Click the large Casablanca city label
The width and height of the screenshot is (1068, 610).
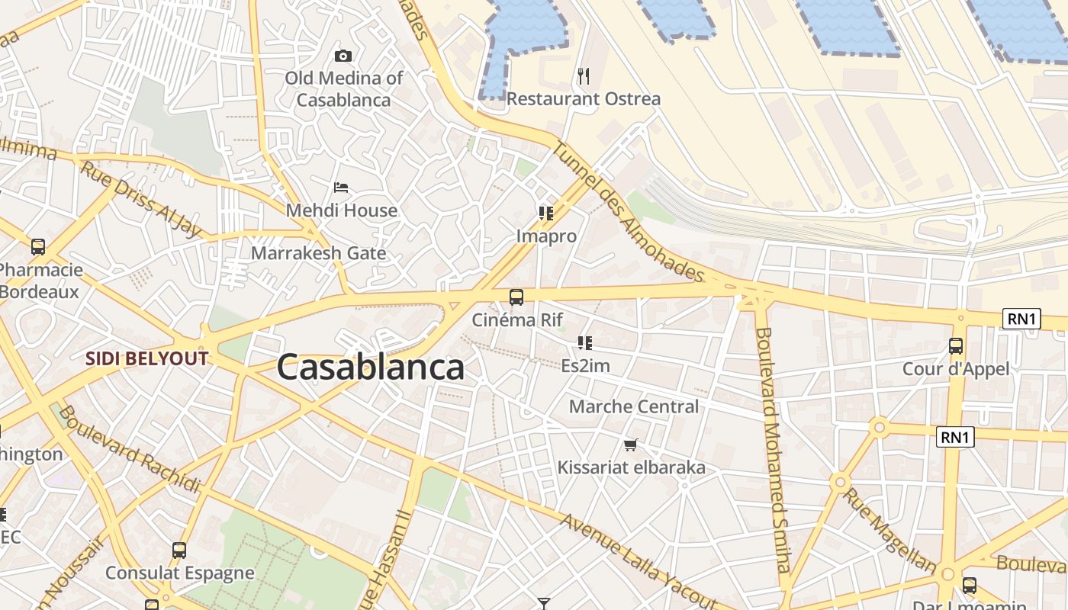tap(371, 368)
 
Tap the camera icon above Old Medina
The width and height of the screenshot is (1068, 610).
tap(343, 56)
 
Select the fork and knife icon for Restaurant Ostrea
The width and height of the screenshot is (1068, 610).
tap(584, 75)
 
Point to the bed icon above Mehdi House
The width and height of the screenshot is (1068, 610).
tap(341, 188)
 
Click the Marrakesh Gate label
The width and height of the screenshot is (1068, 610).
tap(319, 253)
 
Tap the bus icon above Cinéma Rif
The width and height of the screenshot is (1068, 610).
tap(516, 297)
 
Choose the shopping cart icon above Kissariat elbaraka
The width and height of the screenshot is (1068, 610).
tap(631, 445)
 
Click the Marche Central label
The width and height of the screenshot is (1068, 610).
tap(634, 406)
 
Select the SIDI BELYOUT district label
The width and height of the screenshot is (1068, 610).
tap(146, 358)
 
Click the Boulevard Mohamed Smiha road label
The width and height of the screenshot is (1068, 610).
tap(772, 450)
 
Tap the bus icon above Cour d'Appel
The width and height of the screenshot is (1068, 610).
tap(956, 346)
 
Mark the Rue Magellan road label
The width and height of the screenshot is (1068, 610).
tap(889, 529)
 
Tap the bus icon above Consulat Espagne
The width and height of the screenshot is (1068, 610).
tap(179, 551)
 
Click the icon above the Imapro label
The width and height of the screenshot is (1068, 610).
tap(545, 213)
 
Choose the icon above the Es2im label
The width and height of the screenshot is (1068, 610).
tap(585, 343)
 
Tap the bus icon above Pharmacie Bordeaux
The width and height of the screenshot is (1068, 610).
tap(38, 247)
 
